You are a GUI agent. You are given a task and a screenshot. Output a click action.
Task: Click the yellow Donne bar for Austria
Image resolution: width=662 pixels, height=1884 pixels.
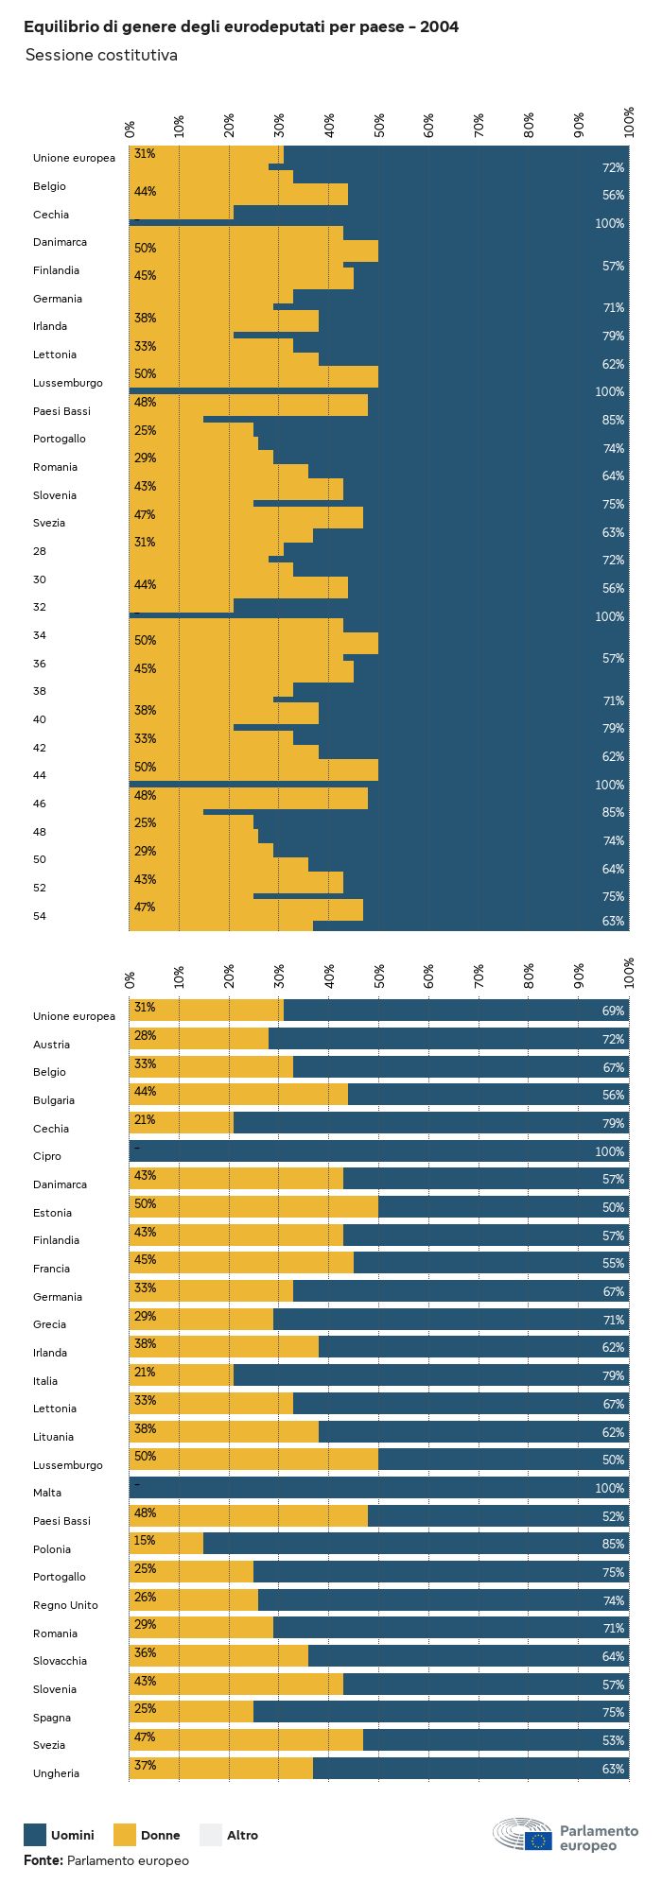tap(199, 1040)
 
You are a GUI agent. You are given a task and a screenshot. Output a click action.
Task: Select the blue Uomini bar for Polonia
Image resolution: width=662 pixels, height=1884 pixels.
tap(416, 1545)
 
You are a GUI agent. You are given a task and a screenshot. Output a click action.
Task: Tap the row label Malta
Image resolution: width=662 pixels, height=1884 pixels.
tap(47, 1493)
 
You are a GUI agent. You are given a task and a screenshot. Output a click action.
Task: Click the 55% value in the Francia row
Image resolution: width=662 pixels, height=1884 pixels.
tap(613, 1264)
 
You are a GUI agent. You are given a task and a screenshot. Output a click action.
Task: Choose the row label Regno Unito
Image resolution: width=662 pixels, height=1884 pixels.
tap(65, 1605)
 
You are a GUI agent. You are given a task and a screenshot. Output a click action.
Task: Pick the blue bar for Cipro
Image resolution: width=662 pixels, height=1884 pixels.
tap(378, 1151)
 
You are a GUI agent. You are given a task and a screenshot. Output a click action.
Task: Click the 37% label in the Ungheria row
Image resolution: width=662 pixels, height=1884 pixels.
tap(145, 1766)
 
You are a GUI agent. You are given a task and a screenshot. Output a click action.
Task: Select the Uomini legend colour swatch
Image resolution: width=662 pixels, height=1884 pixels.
tap(35, 1835)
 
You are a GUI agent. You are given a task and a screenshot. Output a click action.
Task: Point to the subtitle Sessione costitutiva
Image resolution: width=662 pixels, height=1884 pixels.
tap(101, 55)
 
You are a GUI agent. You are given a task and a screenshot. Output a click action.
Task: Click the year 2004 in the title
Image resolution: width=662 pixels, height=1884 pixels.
tap(440, 27)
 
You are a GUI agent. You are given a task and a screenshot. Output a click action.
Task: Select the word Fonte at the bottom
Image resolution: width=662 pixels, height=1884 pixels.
tap(43, 1860)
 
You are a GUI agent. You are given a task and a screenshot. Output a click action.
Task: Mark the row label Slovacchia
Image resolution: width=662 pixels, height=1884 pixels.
tap(60, 1661)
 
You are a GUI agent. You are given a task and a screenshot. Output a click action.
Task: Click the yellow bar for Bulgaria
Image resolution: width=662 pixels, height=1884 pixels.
tap(238, 1096)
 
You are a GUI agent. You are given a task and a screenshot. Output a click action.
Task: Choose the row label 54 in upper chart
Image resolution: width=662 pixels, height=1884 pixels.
tap(40, 916)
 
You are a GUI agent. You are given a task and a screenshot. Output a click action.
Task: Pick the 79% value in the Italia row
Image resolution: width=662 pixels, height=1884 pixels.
tap(613, 1376)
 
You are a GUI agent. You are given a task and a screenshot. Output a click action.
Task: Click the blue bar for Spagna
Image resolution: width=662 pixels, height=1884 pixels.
tap(441, 1713)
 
